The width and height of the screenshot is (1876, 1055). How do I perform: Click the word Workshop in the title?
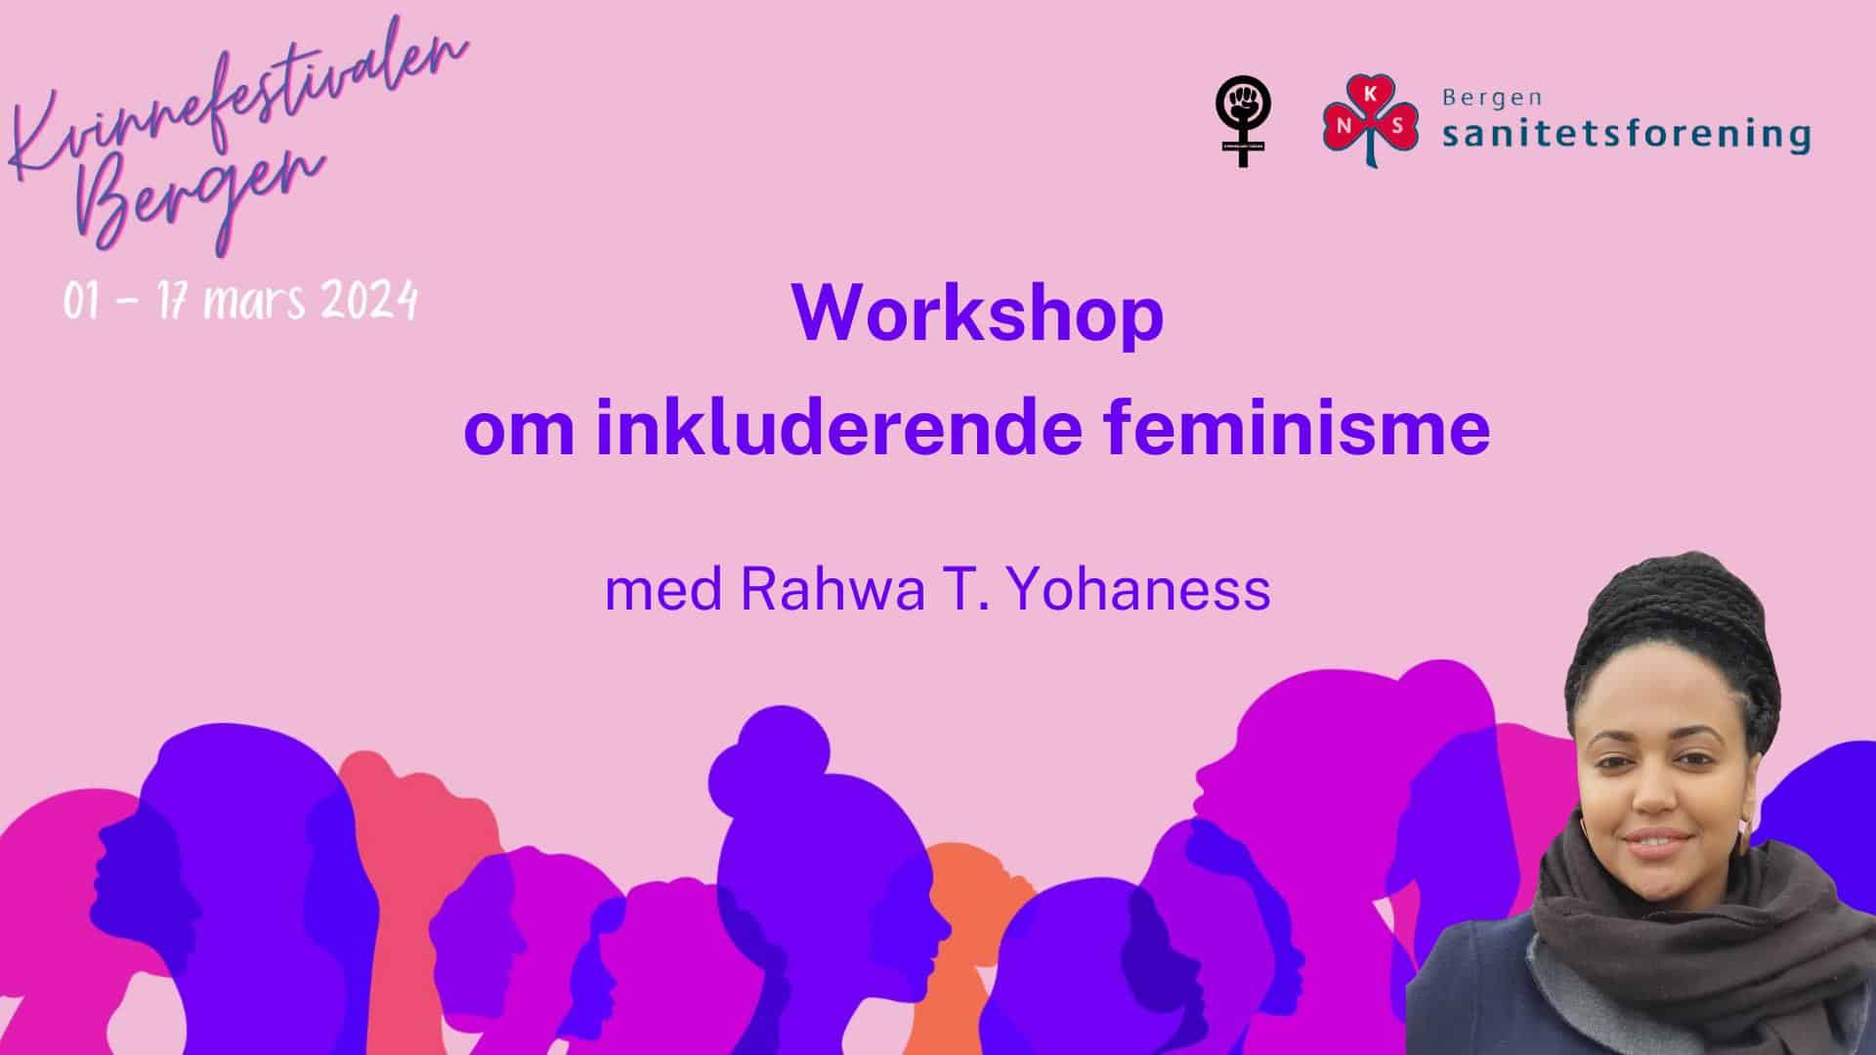[977, 315]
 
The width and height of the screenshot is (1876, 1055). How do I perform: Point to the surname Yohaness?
[1138, 589]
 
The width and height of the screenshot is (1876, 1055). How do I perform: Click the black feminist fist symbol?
[1243, 121]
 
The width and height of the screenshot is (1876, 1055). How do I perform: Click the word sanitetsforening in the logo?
[1626, 133]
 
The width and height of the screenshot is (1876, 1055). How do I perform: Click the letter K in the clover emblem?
[1371, 95]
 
